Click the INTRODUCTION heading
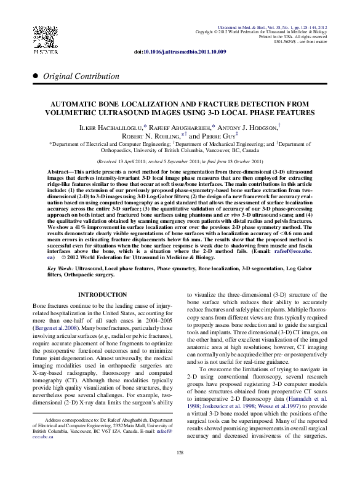(x=103, y=295)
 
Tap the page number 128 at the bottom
(x=180, y=470)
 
